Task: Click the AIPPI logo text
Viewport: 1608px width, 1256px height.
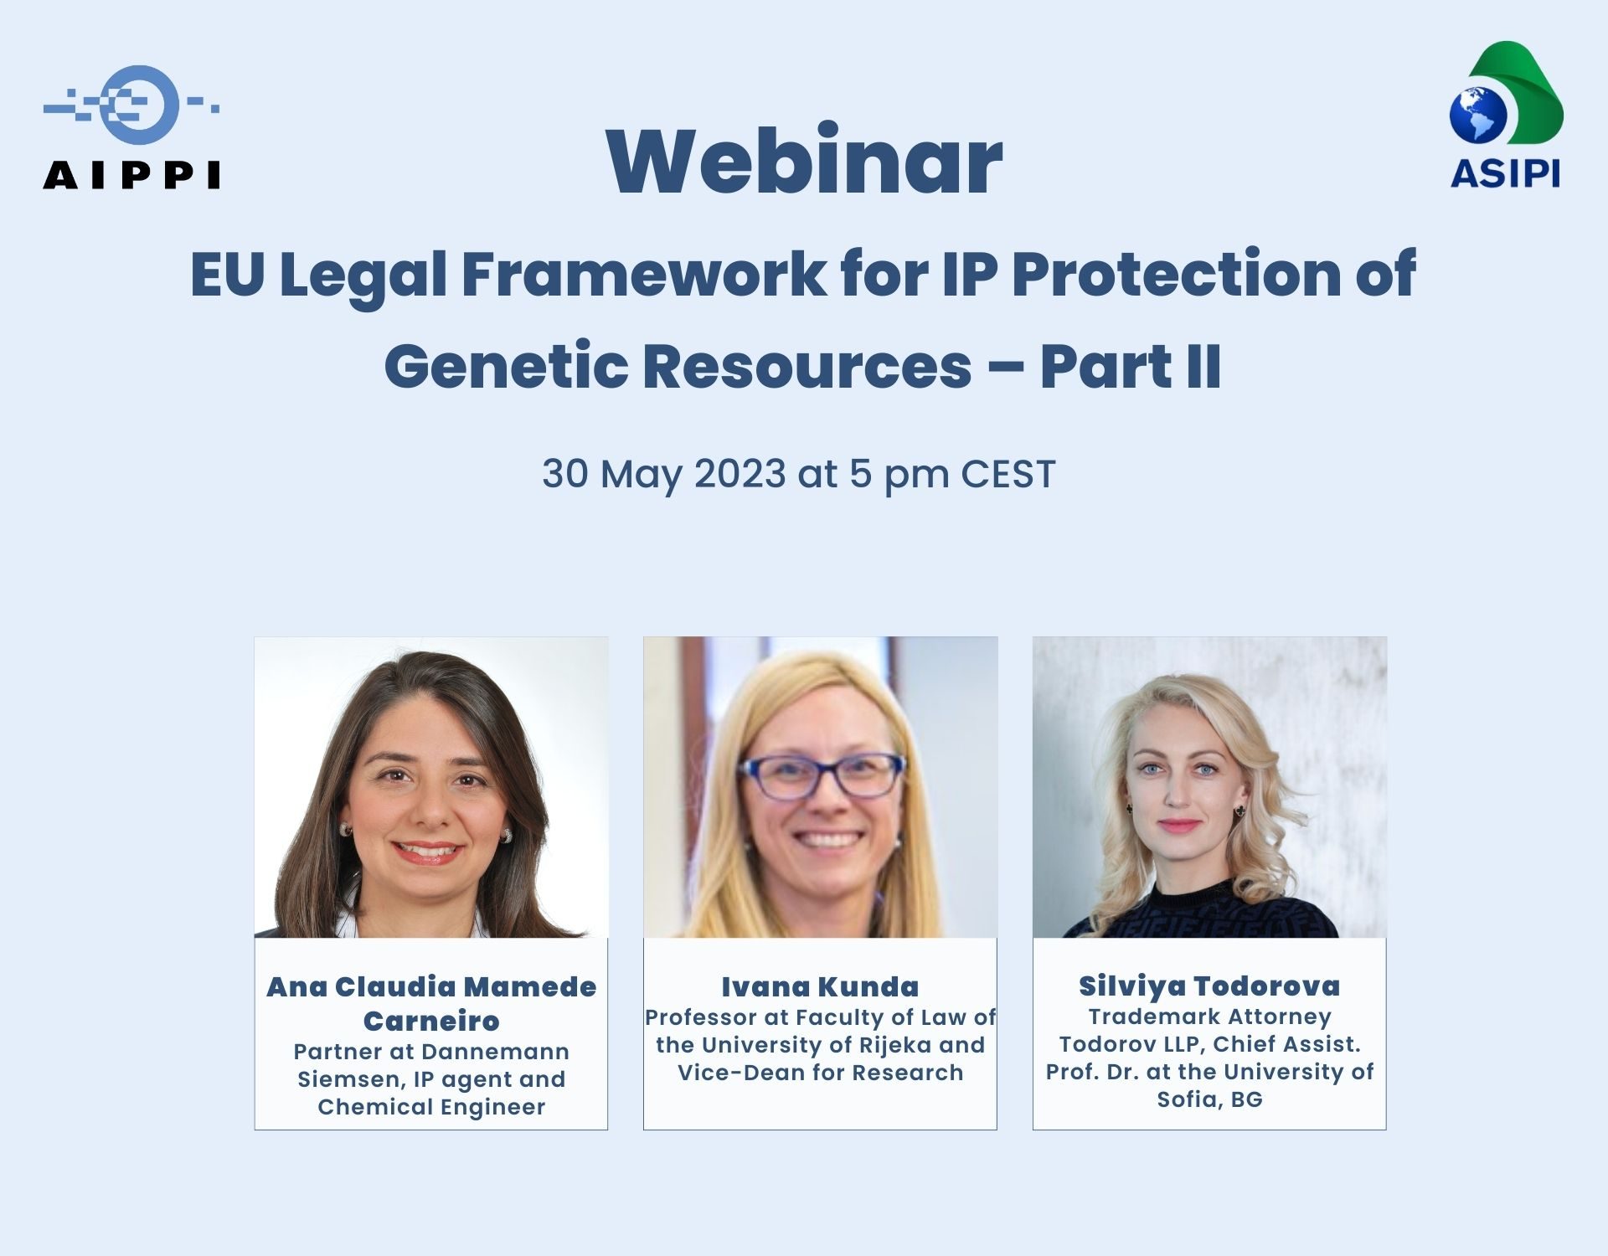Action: tap(131, 175)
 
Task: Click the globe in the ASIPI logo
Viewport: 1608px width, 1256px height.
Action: tap(1478, 115)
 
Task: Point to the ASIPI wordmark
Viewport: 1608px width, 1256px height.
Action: tap(1505, 173)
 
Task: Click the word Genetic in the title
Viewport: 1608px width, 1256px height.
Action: tap(506, 367)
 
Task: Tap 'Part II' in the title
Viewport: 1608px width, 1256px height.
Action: tap(1131, 367)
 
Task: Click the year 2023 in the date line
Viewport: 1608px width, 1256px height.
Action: tap(740, 473)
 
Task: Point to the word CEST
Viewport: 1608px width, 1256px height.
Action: tap(1008, 473)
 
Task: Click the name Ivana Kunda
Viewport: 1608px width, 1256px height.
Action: tap(820, 987)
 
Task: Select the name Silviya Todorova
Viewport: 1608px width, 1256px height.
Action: tap(1209, 986)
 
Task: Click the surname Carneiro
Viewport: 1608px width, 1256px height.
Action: tap(431, 1022)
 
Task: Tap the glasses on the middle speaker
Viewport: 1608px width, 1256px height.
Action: tap(820, 775)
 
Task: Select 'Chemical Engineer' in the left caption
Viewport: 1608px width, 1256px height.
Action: tap(431, 1107)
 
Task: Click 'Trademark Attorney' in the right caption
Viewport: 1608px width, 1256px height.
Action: tap(1209, 1017)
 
